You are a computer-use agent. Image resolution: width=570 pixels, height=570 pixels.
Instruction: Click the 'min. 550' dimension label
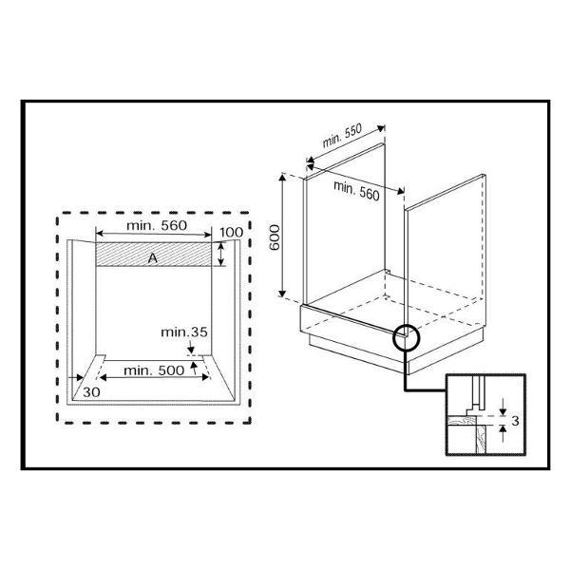(x=342, y=136)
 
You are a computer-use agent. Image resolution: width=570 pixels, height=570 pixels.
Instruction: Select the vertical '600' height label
(x=275, y=237)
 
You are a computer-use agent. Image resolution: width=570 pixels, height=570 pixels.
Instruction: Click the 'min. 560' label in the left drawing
(x=157, y=225)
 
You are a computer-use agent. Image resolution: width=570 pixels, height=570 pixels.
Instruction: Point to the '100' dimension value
(x=232, y=233)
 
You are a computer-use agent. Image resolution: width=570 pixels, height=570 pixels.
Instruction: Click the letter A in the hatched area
(x=153, y=258)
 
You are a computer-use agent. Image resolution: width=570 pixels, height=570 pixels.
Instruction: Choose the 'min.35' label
(x=184, y=332)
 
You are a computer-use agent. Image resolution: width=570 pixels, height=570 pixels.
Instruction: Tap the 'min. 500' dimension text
(x=154, y=370)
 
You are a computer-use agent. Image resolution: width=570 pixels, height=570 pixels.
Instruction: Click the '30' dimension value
(x=91, y=392)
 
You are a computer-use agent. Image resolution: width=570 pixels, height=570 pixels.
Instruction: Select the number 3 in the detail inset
(x=515, y=421)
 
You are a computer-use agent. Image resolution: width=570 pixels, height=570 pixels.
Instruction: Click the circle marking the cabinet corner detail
(x=407, y=336)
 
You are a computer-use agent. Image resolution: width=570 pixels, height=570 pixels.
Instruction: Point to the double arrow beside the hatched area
(x=220, y=254)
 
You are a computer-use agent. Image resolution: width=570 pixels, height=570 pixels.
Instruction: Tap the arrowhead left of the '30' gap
(x=79, y=378)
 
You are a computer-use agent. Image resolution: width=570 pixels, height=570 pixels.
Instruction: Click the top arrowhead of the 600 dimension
(x=282, y=178)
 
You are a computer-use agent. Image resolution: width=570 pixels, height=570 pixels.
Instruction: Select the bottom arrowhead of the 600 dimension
(x=282, y=293)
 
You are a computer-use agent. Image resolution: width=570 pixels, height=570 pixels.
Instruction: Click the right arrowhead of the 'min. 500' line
(x=205, y=377)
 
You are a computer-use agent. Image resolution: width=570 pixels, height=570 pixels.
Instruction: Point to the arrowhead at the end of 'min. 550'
(x=381, y=128)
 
